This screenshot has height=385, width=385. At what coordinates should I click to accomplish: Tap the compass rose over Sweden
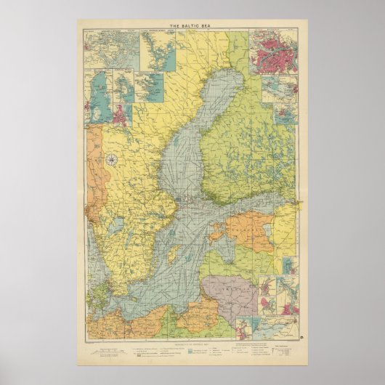[113, 160]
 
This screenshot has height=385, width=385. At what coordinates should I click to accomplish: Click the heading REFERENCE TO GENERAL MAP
[193, 339]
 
